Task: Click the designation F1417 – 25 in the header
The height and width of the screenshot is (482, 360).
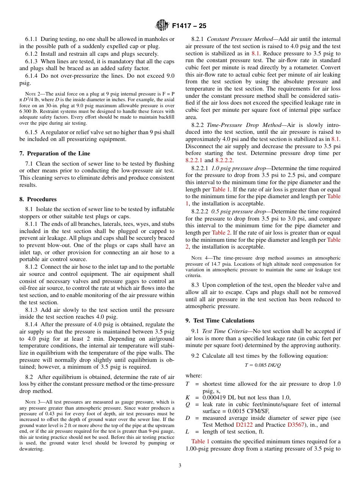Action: [189, 26]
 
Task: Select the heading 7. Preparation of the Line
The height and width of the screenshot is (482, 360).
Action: [55, 153]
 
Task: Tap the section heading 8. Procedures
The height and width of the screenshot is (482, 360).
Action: [38, 199]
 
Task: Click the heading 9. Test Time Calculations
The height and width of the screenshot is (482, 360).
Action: [220, 321]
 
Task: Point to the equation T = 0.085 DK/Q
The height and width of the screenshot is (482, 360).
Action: [263, 365]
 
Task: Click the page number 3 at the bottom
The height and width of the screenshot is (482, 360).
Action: [180, 466]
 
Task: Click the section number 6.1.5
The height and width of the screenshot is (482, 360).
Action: [31, 132]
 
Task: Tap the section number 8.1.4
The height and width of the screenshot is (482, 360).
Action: [31, 324]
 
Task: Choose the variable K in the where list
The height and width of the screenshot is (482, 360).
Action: [187, 397]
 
